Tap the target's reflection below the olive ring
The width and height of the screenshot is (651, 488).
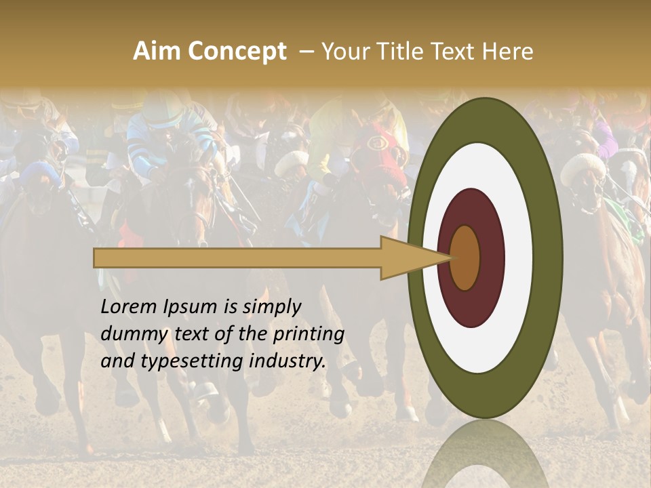click(x=486, y=454)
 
